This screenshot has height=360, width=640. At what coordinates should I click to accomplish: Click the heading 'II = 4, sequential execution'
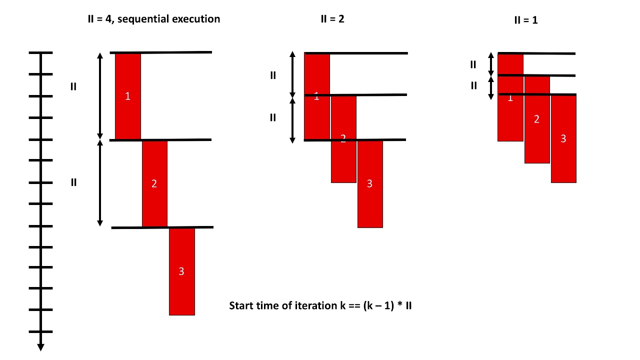click(x=153, y=19)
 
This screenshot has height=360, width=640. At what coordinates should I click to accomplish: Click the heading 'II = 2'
click(x=332, y=19)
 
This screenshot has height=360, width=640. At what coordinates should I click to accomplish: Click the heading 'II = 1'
click(x=526, y=21)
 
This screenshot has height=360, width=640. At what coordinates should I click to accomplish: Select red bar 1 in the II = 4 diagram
click(x=128, y=96)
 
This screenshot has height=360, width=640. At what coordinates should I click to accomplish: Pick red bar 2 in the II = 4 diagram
click(x=154, y=183)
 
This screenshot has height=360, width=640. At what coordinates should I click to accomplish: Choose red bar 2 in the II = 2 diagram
click(x=343, y=160)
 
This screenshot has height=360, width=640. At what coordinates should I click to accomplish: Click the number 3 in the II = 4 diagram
click(x=181, y=271)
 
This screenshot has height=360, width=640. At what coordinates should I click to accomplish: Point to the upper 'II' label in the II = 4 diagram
click(x=73, y=86)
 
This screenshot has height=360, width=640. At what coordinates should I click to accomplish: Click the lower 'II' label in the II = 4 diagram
click(x=73, y=182)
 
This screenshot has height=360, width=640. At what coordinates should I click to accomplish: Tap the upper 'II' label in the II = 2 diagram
click(x=273, y=75)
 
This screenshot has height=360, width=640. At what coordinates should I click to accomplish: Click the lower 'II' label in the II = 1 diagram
click(x=474, y=86)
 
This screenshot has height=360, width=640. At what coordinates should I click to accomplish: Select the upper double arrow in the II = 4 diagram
click(x=99, y=96)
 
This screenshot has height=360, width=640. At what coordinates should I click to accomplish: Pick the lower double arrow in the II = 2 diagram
click(x=293, y=119)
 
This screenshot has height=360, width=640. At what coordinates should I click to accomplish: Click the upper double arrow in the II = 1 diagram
click(x=491, y=64)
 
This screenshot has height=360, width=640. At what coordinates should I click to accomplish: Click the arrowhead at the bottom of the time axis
click(x=40, y=347)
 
